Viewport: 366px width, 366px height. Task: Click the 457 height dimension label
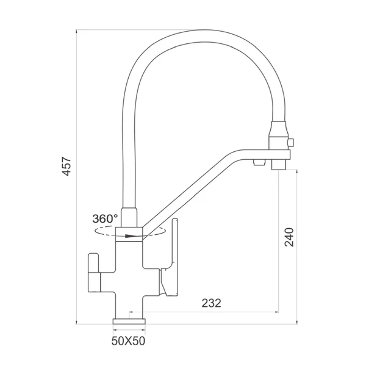click(x=66, y=167)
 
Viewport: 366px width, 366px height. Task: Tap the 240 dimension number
click(x=289, y=237)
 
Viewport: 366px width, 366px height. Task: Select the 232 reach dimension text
click(x=211, y=303)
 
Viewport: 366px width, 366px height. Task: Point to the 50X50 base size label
click(x=128, y=341)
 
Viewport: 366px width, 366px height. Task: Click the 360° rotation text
click(x=105, y=219)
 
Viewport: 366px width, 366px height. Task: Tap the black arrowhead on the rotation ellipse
click(x=130, y=236)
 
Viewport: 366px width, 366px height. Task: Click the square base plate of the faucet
click(x=129, y=321)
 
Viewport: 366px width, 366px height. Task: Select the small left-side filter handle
click(x=94, y=273)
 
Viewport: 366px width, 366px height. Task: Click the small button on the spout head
click(x=291, y=142)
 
